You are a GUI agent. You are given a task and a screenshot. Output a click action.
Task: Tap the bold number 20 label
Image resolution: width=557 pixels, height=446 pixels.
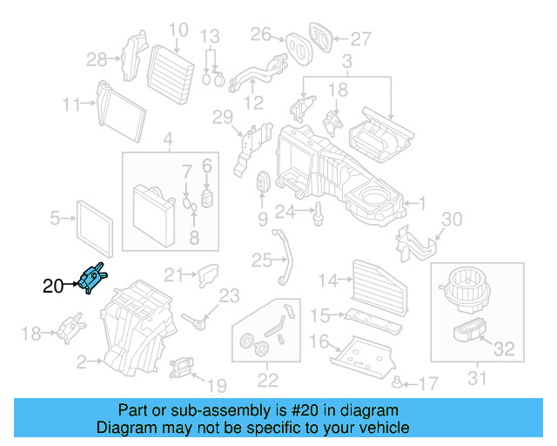click(x=53, y=285)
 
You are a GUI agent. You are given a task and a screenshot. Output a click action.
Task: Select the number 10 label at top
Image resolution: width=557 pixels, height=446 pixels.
click(x=178, y=30)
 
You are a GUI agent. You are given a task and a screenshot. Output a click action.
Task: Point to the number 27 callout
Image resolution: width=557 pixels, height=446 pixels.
click(x=360, y=38)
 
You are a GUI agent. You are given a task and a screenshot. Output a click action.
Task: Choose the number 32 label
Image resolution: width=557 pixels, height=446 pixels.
click(x=504, y=350)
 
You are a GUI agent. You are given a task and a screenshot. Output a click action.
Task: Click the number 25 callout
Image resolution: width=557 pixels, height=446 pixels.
click(x=262, y=260)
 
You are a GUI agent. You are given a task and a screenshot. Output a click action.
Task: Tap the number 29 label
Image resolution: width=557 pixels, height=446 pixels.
click(x=223, y=118)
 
